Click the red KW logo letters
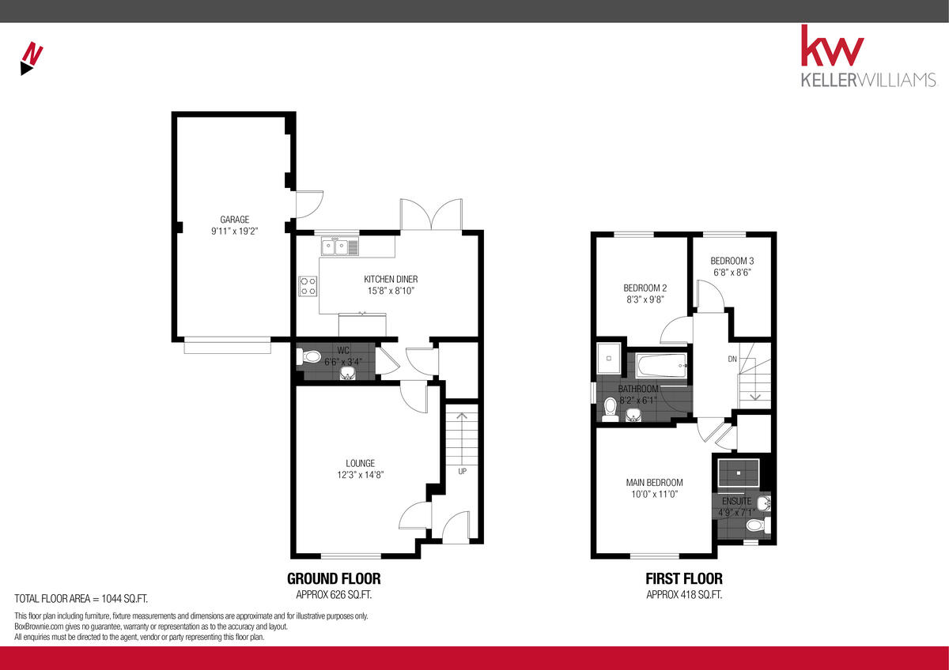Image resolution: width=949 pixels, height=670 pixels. click(832, 48)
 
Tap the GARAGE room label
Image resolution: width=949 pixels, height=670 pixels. click(235, 220)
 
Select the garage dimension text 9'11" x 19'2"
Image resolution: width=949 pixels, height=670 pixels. click(235, 231)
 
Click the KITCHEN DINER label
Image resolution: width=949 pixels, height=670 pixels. click(391, 279)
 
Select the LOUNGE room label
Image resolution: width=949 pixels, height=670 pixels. click(360, 463)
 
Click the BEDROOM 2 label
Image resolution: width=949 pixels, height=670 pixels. click(645, 288)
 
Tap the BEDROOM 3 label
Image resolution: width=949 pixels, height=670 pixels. click(732, 260)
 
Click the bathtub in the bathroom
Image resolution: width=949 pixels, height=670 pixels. click(660, 366)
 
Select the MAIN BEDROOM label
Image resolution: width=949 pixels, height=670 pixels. click(654, 483)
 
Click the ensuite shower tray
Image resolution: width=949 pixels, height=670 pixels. click(739, 474)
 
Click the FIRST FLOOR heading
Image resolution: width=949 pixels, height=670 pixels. click(683, 578)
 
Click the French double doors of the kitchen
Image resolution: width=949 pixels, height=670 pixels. click(431, 215)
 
